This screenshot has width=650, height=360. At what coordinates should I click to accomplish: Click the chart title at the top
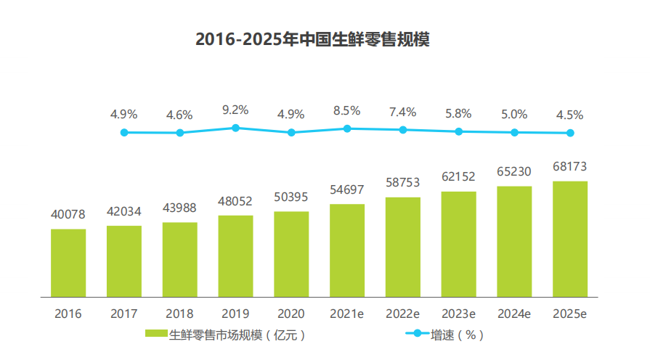[313, 39]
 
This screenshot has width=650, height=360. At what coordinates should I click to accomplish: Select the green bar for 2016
[68, 263]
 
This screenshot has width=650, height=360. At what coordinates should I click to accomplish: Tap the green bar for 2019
[235, 256]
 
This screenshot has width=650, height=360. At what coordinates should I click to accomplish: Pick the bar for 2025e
[570, 239]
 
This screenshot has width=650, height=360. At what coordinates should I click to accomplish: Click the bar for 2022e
[403, 247]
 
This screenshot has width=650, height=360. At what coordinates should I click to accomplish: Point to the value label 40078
[68, 215]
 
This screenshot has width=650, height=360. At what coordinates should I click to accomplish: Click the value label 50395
[291, 197]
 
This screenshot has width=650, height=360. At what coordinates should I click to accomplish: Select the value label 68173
[570, 167]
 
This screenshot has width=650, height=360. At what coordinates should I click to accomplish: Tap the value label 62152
[458, 177]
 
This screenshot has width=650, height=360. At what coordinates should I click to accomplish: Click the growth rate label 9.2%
[235, 110]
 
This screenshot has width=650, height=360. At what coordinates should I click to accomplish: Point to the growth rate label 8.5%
[347, 110]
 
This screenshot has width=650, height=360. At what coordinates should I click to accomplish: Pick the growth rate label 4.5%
[570, 115]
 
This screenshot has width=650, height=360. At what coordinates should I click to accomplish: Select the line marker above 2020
[291, 132]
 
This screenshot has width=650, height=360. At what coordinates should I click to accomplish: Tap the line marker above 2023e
[458, 131]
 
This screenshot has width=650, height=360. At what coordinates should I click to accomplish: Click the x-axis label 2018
[179, 314]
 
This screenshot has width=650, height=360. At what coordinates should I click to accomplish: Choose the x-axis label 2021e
[347, 314]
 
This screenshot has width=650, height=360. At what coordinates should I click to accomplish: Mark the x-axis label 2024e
[514, 314]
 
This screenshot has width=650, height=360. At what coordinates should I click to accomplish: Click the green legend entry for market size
[225, 335]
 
